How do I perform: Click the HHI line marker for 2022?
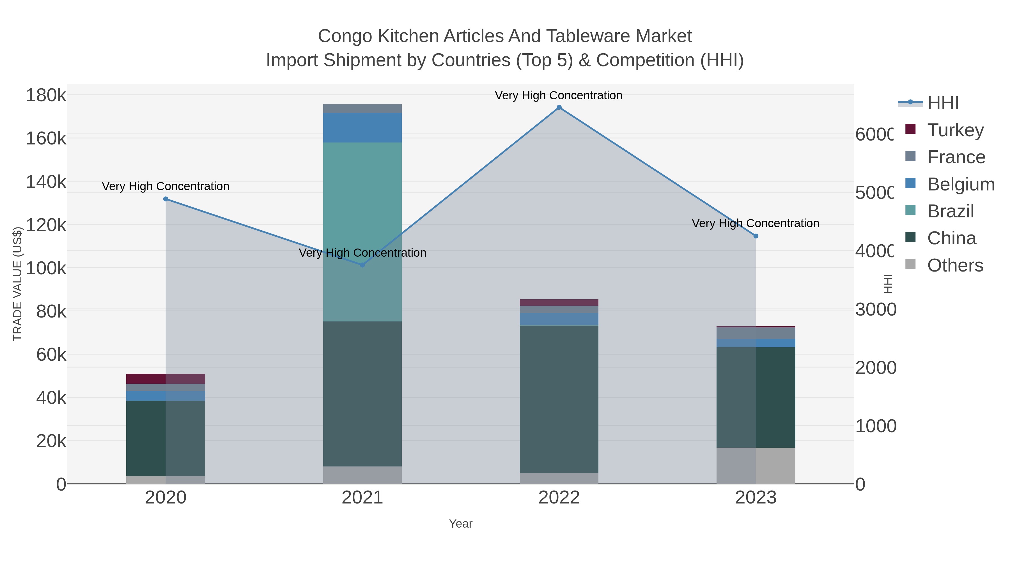point(559,107)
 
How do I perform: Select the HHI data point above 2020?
point(166,199)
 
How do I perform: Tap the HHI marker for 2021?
point(362,265)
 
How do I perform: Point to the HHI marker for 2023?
point(756,236)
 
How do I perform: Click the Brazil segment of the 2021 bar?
point(362,231)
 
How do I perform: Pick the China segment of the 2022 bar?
point(559,399)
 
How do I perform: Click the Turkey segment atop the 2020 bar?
point(166,379)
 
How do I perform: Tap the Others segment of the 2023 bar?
point(756,466)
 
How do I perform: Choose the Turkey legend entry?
point(956,130)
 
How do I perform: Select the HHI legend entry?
point(943,103)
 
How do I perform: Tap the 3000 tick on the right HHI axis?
point(875,310)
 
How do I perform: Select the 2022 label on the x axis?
point(559,498)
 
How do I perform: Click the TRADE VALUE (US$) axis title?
point(18,284)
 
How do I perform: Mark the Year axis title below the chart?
point(461,524)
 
